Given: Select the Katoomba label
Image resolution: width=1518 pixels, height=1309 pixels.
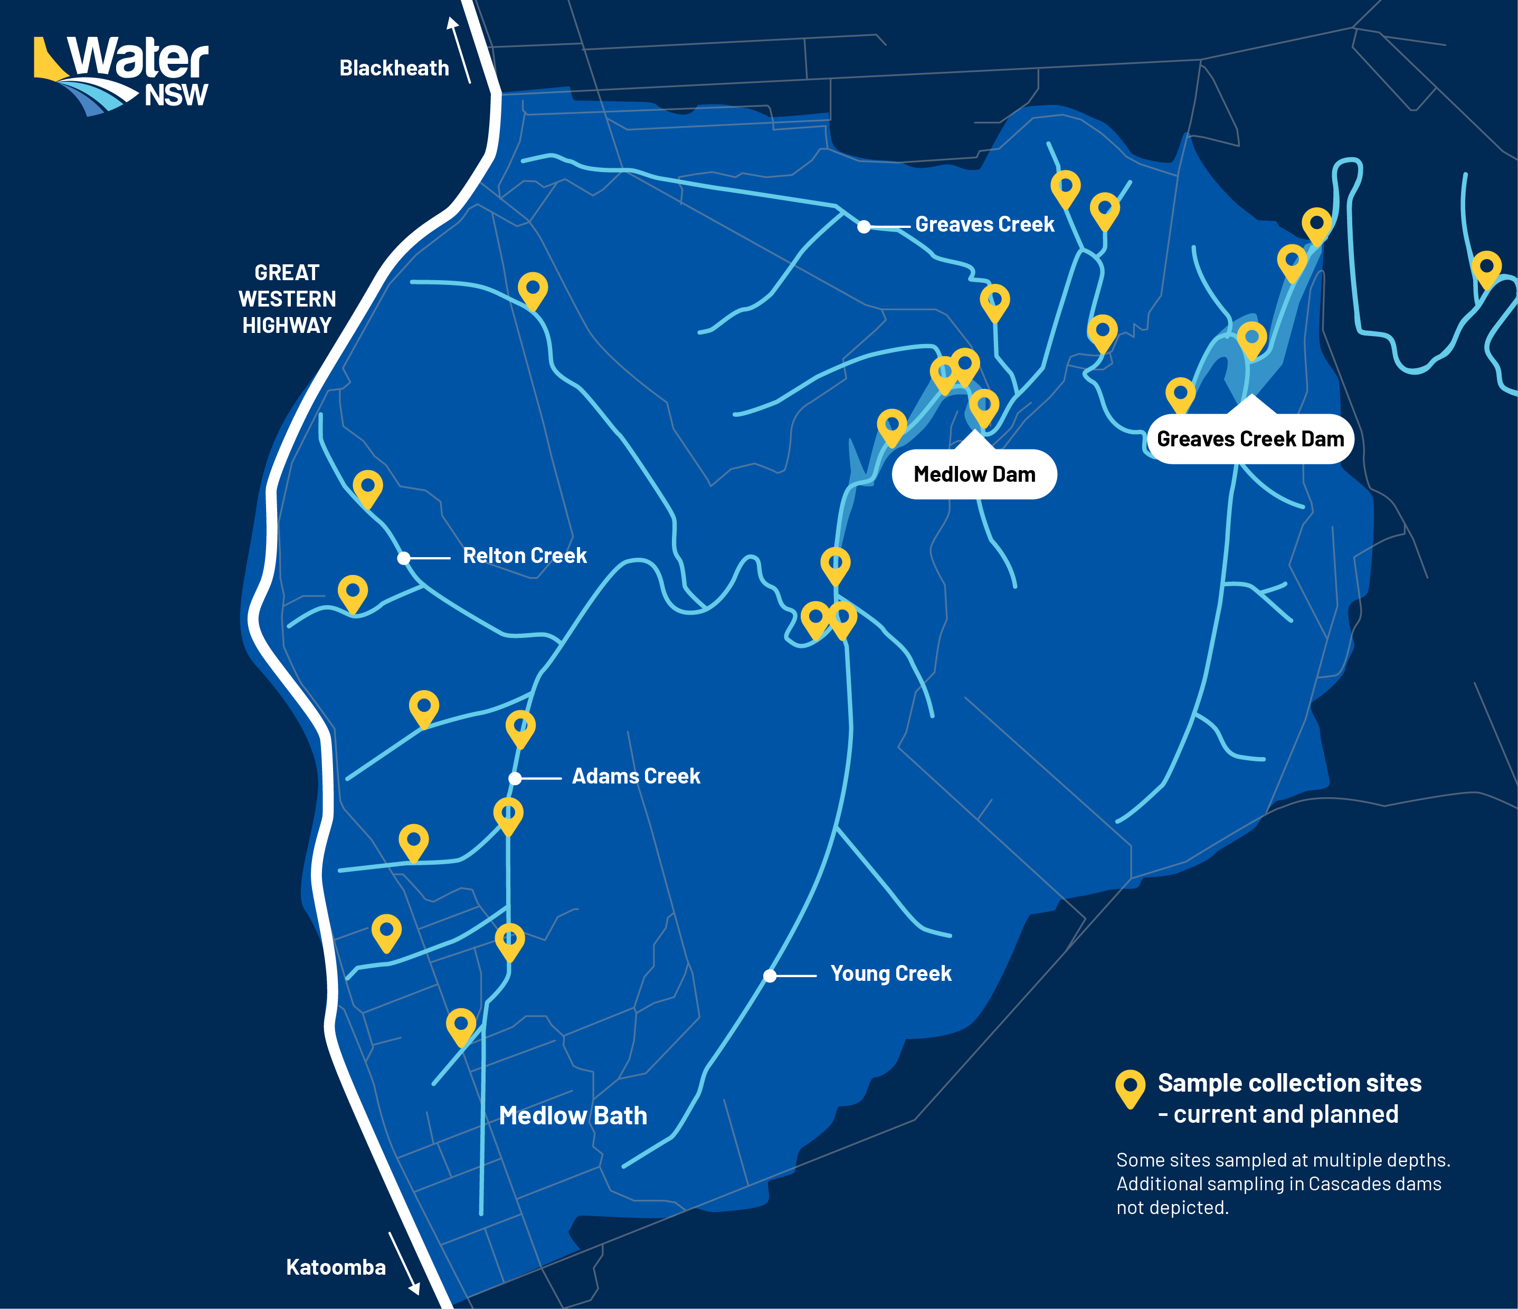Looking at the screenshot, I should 336,1266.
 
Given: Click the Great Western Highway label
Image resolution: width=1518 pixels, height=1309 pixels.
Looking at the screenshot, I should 287,299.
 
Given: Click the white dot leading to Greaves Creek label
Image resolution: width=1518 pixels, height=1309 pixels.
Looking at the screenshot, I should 864,227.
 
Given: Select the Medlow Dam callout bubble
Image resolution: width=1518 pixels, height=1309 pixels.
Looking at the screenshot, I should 974,475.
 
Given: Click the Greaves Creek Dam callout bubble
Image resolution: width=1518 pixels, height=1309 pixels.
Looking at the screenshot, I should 1250,439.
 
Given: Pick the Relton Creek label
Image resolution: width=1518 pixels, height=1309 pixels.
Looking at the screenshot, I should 525,556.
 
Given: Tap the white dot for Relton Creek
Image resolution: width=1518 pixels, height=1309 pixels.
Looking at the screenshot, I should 403,558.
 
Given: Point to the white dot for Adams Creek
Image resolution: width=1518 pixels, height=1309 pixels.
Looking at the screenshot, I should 515,779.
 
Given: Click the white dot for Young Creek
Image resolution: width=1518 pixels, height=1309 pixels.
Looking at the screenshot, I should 769,976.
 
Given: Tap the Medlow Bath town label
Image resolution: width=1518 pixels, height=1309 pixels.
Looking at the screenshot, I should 573,1115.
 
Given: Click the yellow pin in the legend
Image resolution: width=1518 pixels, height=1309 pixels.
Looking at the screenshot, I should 1130,1088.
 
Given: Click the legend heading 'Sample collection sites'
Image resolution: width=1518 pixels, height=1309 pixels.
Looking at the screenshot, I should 1289,1083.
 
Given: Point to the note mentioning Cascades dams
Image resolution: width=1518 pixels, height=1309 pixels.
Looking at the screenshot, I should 1278,1184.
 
